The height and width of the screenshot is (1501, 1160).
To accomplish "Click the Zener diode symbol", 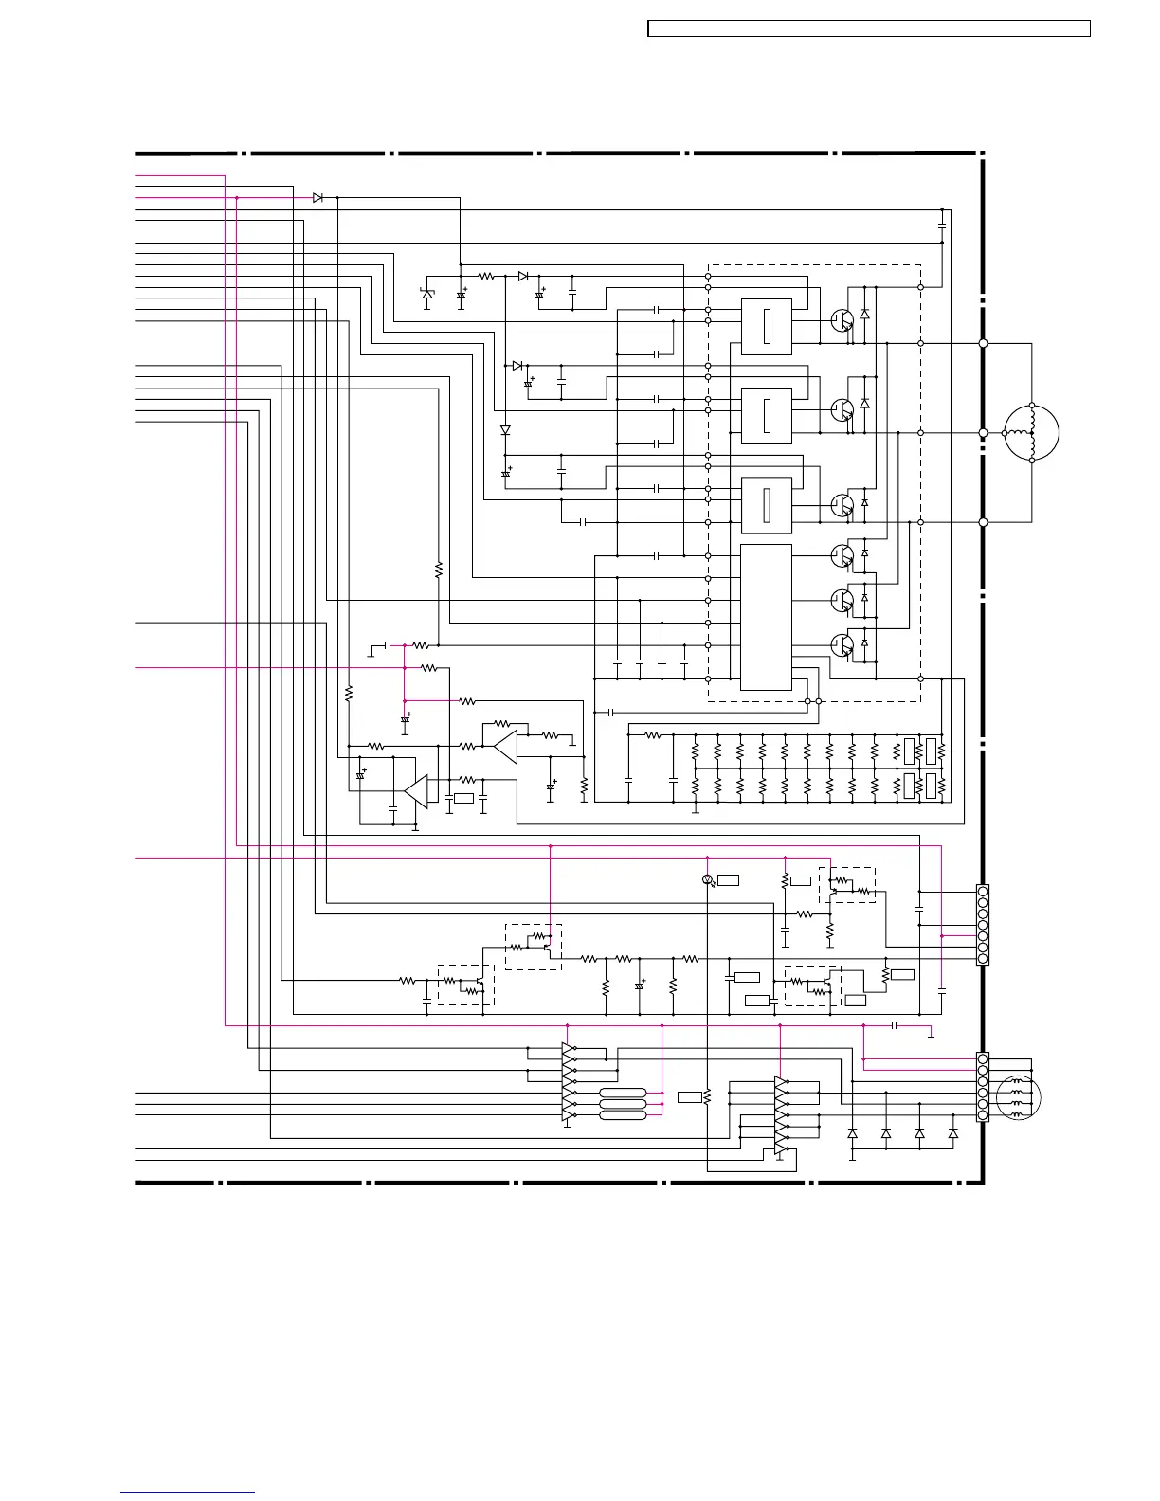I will (x=427, y=295).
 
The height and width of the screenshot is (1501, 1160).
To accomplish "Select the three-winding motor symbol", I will (x=1031, y=432).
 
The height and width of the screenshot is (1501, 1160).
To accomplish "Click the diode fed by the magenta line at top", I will (x=317, y=197).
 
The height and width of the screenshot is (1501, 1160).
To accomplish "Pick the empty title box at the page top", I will (x=868, y=29).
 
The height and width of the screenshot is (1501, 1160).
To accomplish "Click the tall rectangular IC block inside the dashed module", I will (x=766, y=617).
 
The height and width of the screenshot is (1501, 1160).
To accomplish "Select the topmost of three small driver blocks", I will (x=766, y=327).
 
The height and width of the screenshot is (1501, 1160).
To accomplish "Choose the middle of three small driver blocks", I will (x=766, y=415).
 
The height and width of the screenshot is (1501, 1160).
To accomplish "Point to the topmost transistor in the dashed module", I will (x=842, y=320).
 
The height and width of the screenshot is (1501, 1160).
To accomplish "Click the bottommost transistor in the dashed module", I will (x=842, y=644).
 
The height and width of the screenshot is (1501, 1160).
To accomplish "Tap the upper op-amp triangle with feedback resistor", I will (x=504, y=747).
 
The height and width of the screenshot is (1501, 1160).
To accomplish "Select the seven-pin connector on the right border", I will (x=983, y=925).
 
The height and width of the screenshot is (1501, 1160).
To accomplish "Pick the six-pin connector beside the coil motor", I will (x=983, y=1087).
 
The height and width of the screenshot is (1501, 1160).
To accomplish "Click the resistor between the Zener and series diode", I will (x=486, y=276).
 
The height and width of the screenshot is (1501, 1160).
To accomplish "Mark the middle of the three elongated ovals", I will (x=623, y=1104).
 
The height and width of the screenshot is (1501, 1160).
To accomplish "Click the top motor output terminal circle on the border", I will (x=983, y=343).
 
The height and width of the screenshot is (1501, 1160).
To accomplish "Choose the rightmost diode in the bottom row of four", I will (x=953, y=1133).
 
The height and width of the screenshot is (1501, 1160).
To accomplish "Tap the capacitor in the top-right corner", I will (x=942, y=226).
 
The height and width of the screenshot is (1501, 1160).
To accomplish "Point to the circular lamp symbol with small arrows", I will (x=707, y=880).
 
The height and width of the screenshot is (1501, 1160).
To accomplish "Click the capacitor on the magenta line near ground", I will (x=895, y=1025).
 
